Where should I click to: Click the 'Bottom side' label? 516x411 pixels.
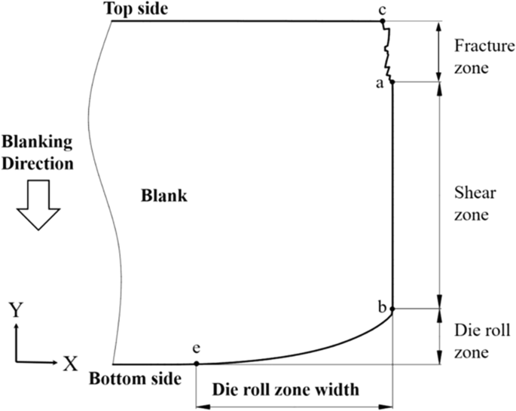pos(135,379)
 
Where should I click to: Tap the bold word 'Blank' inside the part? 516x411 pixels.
pos(163,197)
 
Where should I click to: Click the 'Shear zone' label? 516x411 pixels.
pos(475,203)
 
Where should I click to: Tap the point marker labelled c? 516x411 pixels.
pos(383,21)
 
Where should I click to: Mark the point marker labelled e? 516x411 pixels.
pos(197,364)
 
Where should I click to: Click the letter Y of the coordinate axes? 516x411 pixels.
pos(16,309)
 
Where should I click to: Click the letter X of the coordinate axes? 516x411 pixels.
pos(70,364)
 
